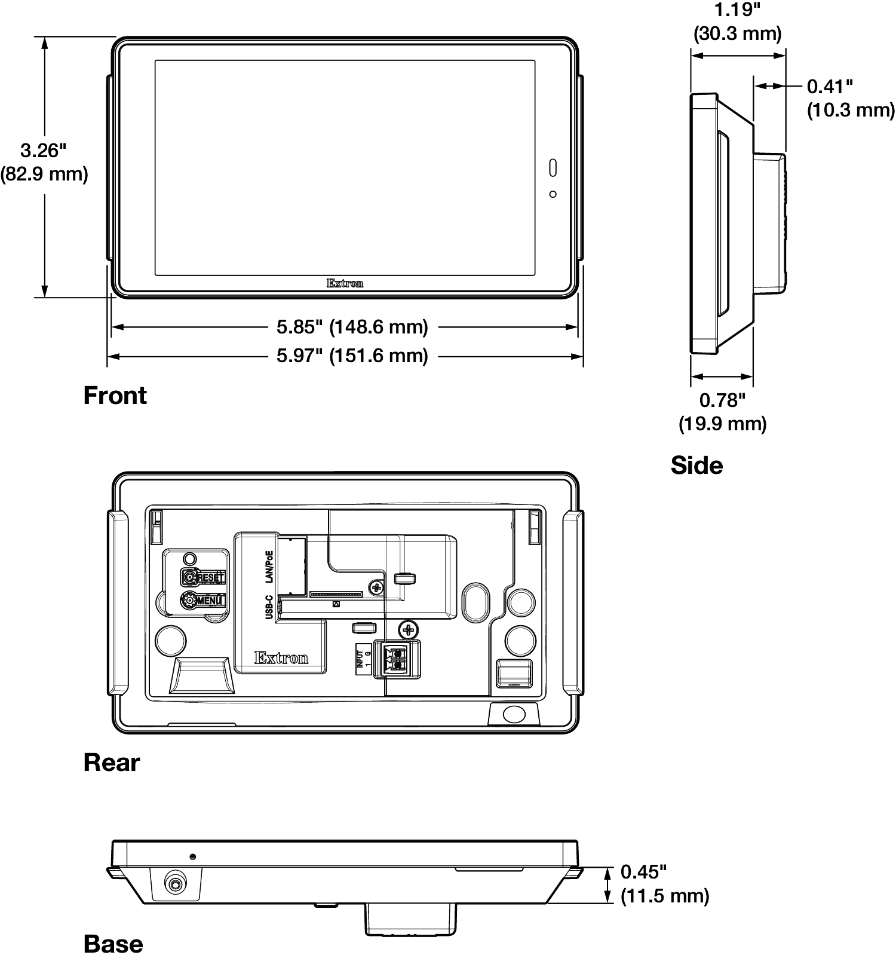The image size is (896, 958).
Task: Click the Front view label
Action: [x=115, y=396]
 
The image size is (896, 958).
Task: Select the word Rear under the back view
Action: [x=111, y=763]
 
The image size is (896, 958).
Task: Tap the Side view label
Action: [x=696, y=466]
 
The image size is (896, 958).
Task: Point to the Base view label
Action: [x=113, y=944]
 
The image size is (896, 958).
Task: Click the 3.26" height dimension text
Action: [x=44, y=162]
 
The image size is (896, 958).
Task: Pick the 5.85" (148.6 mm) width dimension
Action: [x=352, y=327]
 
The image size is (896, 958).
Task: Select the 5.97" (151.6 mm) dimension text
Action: [x=352, y=356]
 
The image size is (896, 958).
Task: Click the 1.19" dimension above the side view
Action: [x=737, y=22]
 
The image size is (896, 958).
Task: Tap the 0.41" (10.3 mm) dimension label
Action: [x=851, y=99]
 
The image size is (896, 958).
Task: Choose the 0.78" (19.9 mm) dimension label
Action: [x=722, y=412]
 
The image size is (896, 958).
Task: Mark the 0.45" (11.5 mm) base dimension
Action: [x=665, y=884]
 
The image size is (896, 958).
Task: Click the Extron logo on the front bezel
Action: [x=345, y=283]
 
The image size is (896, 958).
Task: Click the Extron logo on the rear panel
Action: [x=281, y=658]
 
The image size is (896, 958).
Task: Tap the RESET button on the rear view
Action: [x=203, y=577]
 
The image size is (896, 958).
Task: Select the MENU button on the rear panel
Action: [x=203, y=601]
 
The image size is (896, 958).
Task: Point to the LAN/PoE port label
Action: [x=269, y=567]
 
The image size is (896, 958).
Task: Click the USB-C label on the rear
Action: [x=269, y=607]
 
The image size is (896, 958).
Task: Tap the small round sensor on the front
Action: [x=553, y=194]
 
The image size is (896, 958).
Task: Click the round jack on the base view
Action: [x=175, y=883]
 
